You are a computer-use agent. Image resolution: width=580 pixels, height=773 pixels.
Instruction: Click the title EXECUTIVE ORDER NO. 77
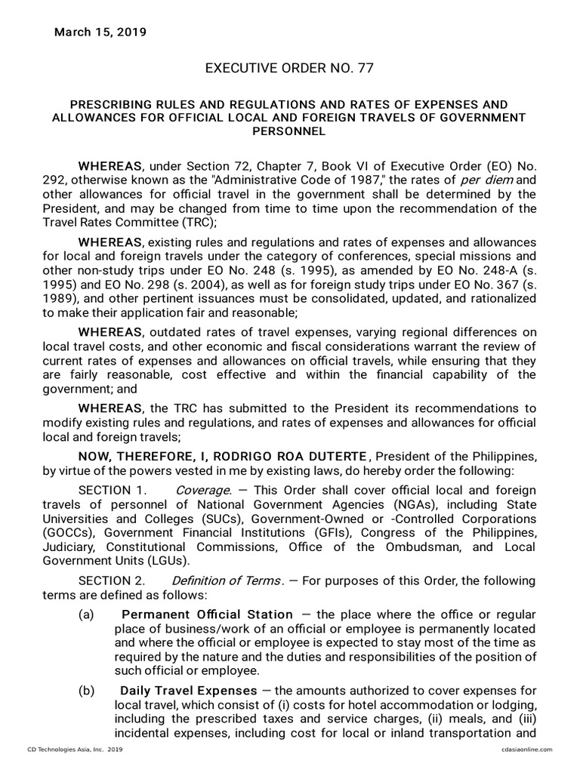point(289,69)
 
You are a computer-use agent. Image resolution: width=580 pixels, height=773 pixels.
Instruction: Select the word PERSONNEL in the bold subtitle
point(289,131)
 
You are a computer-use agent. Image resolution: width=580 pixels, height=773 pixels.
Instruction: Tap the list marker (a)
point(86,614)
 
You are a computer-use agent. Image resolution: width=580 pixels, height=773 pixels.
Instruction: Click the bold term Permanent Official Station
point(208,614)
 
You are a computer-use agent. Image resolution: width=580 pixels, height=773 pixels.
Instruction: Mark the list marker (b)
point(86,691)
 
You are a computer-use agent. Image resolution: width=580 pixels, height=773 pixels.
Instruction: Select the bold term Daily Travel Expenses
point(189,691)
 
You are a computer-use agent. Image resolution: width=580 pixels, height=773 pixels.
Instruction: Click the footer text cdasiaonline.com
point(526,749)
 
